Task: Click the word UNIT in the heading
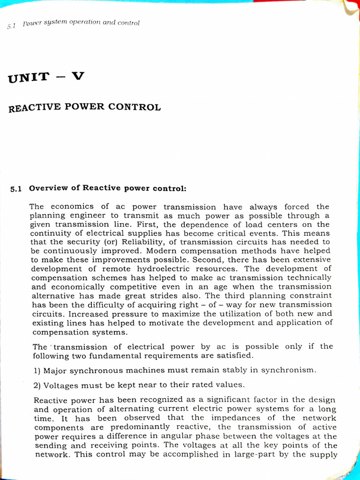point(28,78)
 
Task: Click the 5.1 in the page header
point(11,27)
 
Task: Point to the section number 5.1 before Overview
point(16,189)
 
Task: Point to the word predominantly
point(139,427)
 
